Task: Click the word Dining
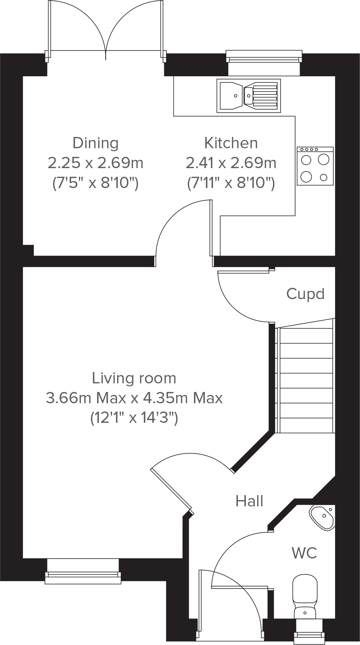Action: (x=96, y=143)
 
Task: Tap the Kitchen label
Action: (x=231, y=143)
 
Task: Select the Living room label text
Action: (x=134, y=378)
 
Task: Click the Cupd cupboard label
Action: (x=305, y=294)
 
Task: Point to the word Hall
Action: (x=250, y=501)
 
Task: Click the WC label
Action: (x=304, y=553)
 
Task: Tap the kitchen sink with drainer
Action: (x=249, y=95)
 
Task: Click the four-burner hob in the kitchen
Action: (x=315, y=166)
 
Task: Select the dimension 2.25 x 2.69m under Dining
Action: (x=96, y=163)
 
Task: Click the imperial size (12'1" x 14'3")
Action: (x=134, y=418)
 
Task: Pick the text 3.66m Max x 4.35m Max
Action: (x=134, y=398)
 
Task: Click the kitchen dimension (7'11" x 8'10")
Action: (x=231, y=183)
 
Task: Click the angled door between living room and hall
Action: (x=171, y=489)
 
